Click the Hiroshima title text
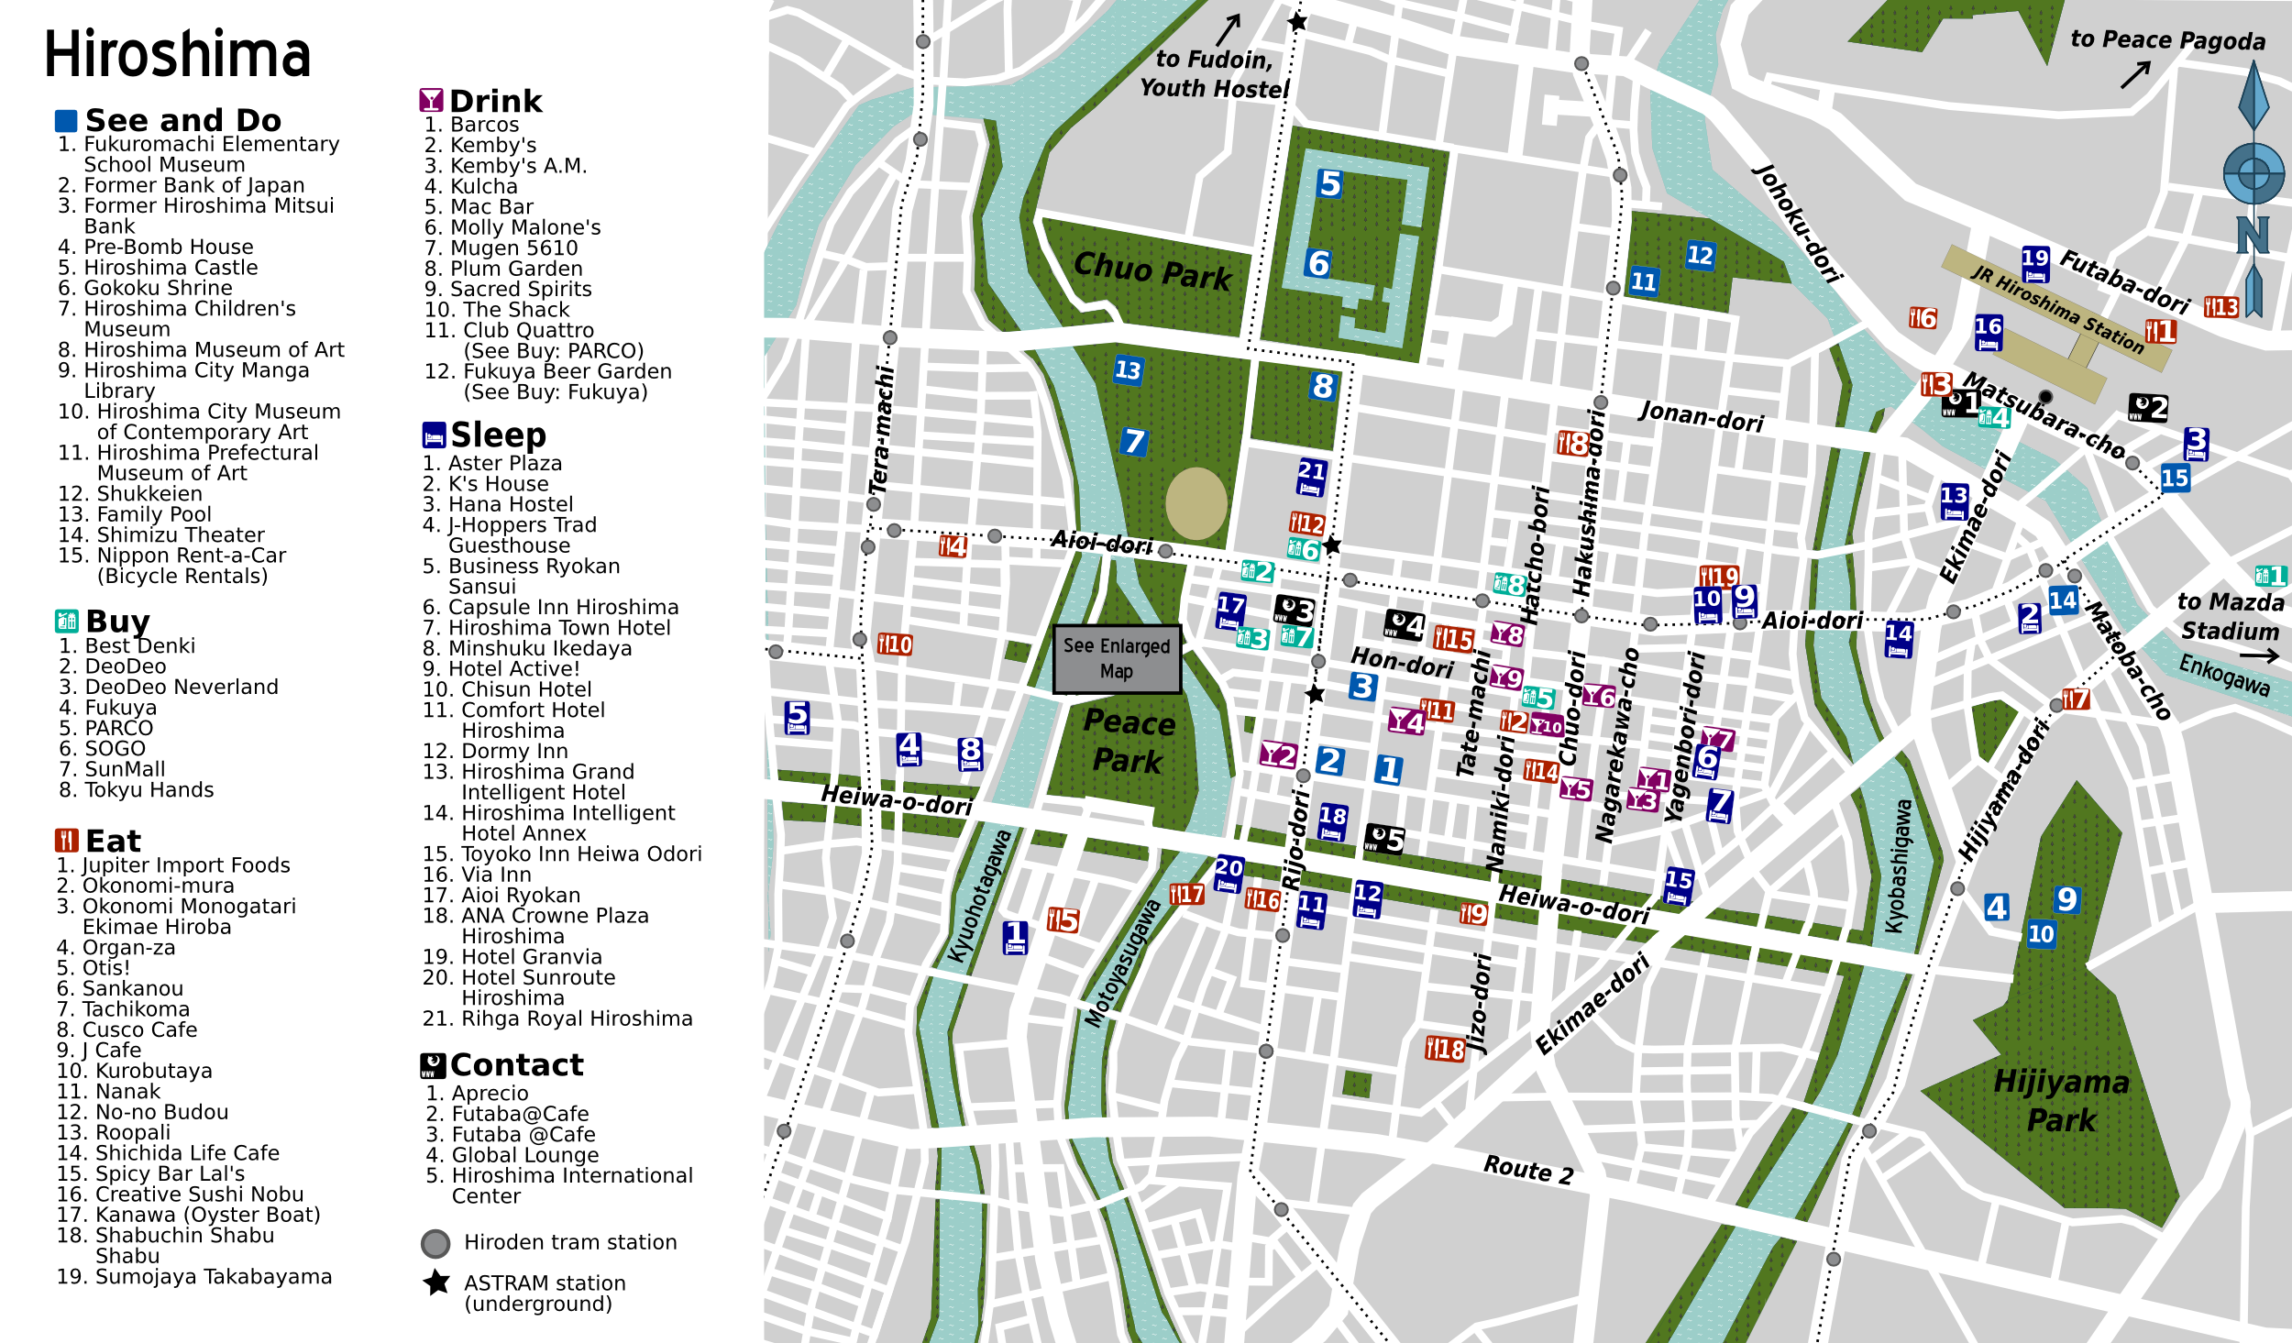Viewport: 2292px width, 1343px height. tap(177, 55)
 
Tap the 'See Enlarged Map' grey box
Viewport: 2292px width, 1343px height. tap(1116, 658)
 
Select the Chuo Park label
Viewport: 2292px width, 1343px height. tap(1152, 271)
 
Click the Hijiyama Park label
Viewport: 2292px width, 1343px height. tap(2061, 1101)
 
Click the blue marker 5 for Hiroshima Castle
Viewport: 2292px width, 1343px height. tap(1329, 184)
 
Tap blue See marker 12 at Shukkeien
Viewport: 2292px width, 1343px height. tap(1699, 256)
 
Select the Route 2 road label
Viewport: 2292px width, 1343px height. tap(1528, 1170)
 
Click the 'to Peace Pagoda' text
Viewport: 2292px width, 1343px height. tap(2166, 40)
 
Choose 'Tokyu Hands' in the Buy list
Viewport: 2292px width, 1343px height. tap(149, 790)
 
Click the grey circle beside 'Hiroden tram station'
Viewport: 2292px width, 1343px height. tap(435, 1243)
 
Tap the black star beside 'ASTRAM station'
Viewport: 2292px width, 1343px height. tap(436, 1282)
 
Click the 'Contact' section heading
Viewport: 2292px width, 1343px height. tap(516, 1065)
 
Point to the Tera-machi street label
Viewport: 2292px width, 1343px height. tap(881, 431)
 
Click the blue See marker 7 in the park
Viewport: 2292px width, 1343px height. tap(1133, 442)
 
